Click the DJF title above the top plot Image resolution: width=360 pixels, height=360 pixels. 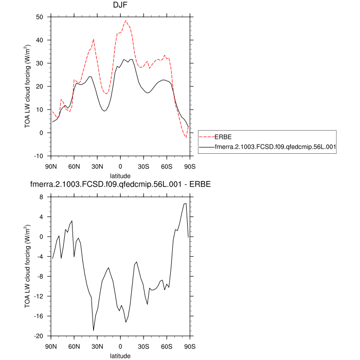(x=120, y=6)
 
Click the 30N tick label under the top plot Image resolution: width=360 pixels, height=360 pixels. (x=97, y=166)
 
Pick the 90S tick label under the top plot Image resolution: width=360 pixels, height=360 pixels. (x=190, y=166)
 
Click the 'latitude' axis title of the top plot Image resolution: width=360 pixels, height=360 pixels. (x=120, y=175)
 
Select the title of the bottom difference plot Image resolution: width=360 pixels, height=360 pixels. (x=120, y=184)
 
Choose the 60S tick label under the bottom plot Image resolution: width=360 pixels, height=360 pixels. (x=167, y=346)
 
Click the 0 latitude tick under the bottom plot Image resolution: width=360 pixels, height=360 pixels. (x=120, y=346)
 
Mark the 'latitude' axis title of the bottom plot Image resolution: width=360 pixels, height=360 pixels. (x=120, y=355)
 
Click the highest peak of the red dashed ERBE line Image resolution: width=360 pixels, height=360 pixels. (x=126, y=21)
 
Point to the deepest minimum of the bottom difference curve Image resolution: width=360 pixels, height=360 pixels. (x=94, y=330)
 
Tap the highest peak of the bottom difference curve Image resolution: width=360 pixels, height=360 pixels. (x=186, y=204)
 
